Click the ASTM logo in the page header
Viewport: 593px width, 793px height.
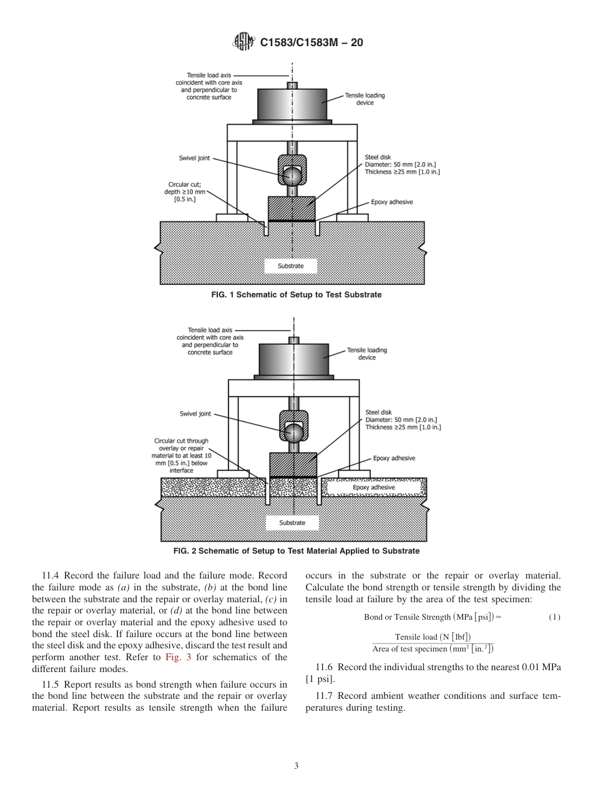(243, 42)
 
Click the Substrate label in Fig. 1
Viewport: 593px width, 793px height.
(291, 266)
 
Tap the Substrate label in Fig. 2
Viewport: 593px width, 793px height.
(292, 522)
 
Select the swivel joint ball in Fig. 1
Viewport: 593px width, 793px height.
(292, 176)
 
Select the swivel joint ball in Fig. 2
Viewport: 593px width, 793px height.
(293, 431)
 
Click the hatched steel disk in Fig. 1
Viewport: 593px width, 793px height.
(292, 208)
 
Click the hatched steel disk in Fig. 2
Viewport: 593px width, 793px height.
(293, 464)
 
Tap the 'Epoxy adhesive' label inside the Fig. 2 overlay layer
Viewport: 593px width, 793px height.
(374, 488)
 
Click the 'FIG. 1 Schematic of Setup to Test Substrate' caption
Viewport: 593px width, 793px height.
(296, 295)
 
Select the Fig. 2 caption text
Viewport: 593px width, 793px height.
(296, 551)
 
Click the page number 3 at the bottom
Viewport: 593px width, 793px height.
(296, 766)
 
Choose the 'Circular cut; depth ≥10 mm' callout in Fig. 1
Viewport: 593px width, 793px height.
(185, 192)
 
